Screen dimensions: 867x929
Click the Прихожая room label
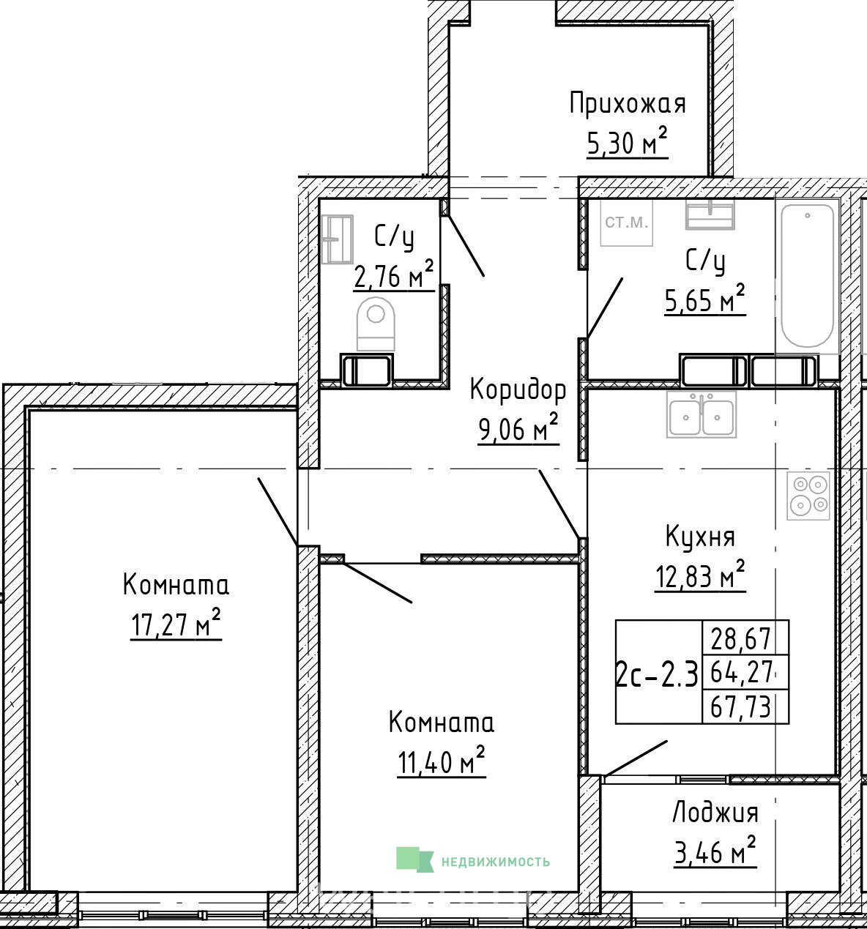click(x=628, y=104)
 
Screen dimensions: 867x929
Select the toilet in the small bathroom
click(x=376, y=324)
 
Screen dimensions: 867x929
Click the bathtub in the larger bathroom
click(x=807, y=275)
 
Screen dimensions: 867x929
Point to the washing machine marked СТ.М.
click(x=627, y=223)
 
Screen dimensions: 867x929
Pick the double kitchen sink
click(x=702, y=414)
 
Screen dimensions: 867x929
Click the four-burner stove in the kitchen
click(x=808, y=496)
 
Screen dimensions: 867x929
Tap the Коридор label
click(x=518, y=389)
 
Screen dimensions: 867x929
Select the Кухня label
click(x=700, y=537)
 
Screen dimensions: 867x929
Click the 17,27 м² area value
click(x=176, y=624)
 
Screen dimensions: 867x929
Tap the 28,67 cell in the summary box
click(x=740, y=639)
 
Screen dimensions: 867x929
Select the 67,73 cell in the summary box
click(x=740, y=708)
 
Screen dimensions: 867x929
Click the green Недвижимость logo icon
click(x=414, y=859)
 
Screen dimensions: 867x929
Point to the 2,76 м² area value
click(x=394, y=275)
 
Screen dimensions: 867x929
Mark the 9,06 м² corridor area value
click(x=518, y=428)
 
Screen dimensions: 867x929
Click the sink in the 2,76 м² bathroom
click(x=338, y=239)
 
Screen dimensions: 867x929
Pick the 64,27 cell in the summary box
click(x=740, y=673)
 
